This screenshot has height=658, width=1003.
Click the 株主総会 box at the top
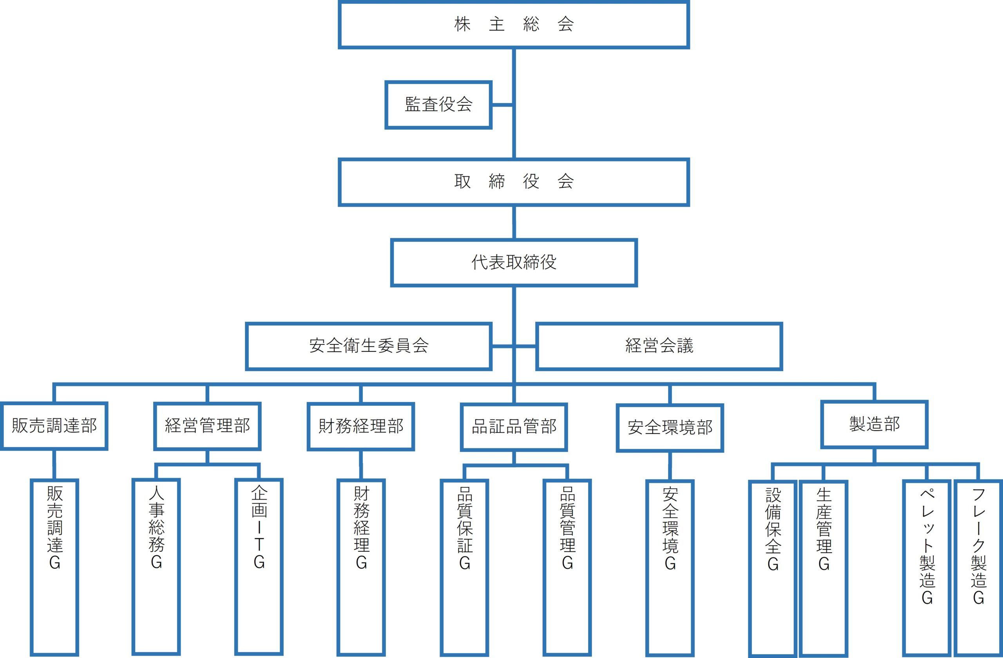coord(513,24)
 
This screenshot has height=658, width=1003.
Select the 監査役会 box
coord(438,105)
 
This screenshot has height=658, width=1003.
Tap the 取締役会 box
coord(513,182)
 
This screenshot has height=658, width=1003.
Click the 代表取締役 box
coord(513,263)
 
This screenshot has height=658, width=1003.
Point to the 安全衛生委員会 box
coord(369,346)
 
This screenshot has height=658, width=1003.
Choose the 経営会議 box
coord(659,346)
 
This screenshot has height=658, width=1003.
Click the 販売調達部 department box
coord(54,426)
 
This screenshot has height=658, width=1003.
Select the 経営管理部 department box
coord(207,426)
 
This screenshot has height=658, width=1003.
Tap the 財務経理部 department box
coord(361,426)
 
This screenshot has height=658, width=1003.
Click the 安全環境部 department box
coord(670,428)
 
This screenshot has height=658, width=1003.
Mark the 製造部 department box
coord(874,424)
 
